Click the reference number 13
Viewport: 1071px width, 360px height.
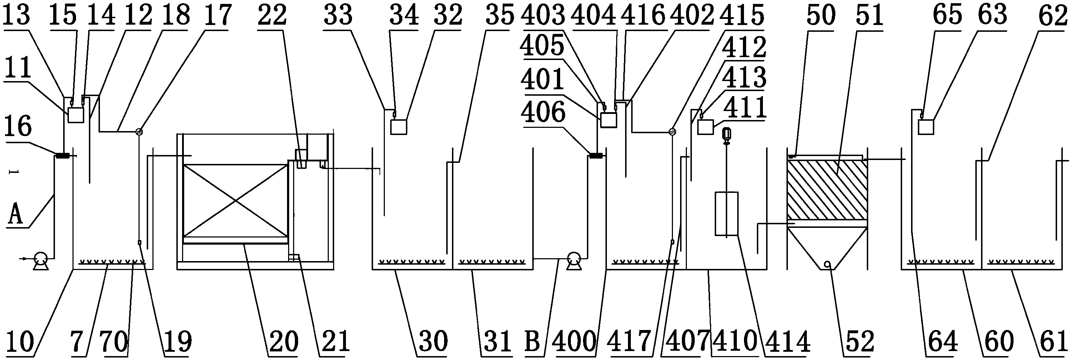coord(17,15)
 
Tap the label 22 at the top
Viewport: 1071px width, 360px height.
coord(272,15)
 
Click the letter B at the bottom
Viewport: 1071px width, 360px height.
coord(533,342)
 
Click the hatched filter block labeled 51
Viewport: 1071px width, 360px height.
coord(828,190)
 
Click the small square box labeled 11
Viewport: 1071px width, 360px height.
coord(75,115)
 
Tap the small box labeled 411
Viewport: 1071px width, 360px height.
coord(705,126)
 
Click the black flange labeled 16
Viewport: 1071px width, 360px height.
coord(63,156)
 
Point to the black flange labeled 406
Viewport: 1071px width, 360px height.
coord(597,156)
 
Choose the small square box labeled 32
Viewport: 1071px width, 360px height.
coord(399,127)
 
